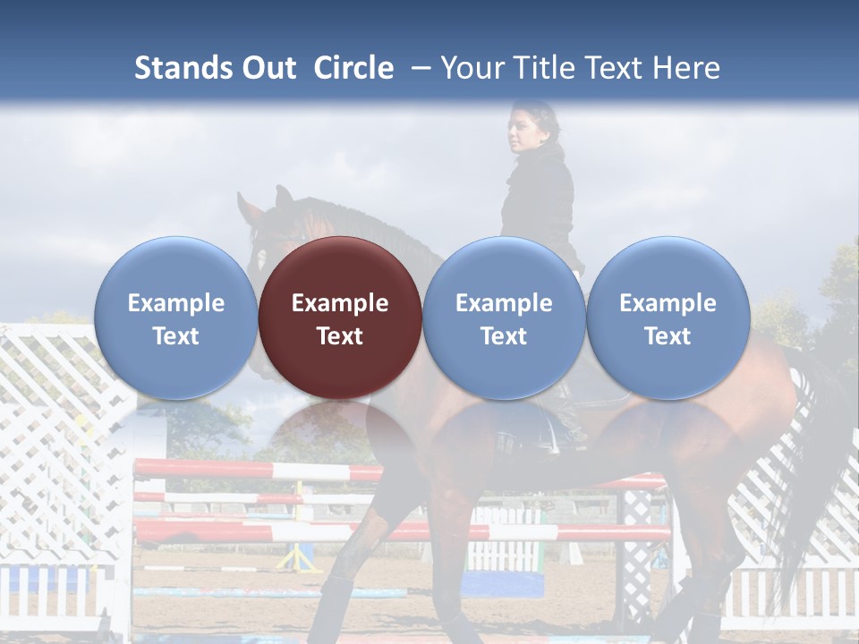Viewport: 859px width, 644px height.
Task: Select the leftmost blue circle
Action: click(x=175, y=318)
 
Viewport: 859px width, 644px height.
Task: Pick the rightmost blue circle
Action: click(x=668, y=318)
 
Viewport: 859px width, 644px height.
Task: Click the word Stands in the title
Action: click(x=183, y=68)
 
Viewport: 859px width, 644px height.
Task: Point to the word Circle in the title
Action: click(x=353, y=68)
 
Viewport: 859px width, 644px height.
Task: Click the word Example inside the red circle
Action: click(x=340, y=303)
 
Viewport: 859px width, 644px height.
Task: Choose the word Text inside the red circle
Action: click(x=340, y=336)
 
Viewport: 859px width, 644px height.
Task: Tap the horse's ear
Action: click(x=284, y=197)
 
